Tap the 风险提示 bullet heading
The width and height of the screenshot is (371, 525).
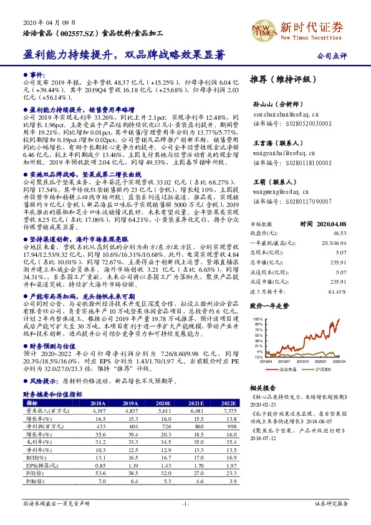(41, 378)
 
